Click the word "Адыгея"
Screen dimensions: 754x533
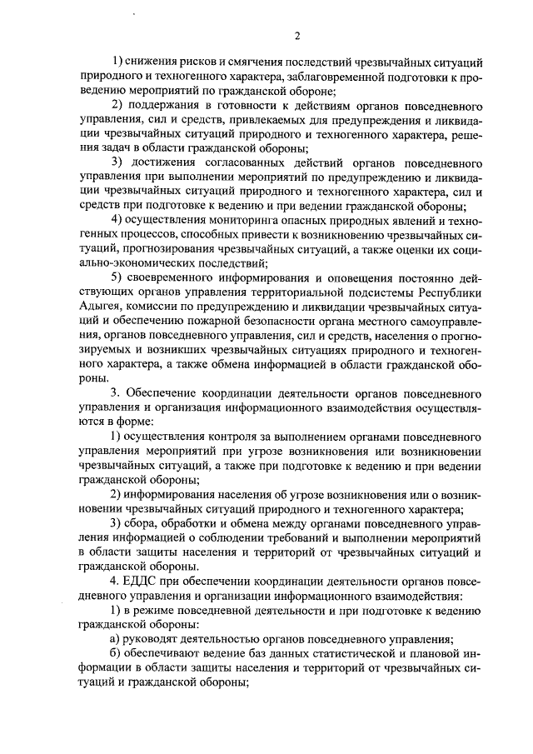[x=97, y=306]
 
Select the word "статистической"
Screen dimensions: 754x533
[x=359, y=654]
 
